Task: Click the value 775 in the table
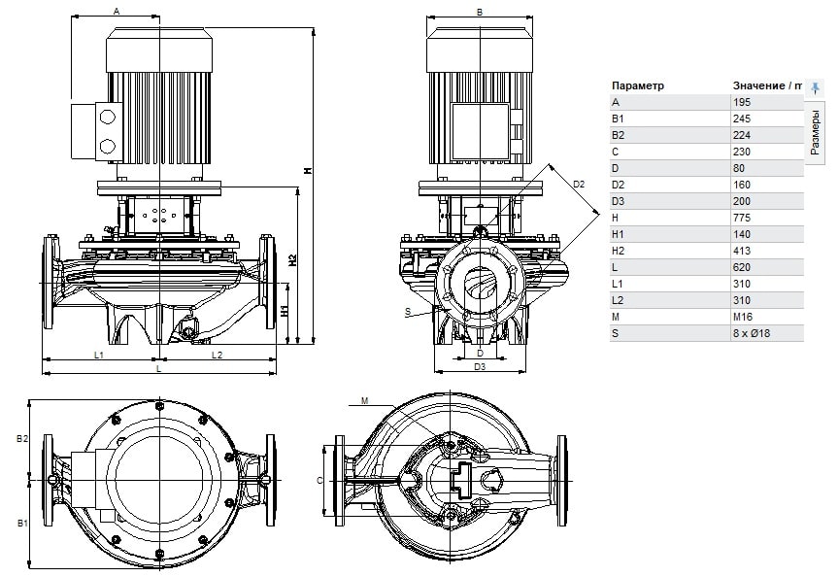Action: (x=742, y=218)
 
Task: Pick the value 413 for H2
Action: (x=742, y=251)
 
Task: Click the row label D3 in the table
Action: (x=618, y=201)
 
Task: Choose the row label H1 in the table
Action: (x=618, y=234)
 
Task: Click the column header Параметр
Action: (x=638, y=85)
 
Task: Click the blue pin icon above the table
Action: (x=816, y=86)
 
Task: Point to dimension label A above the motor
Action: (x=117, y=12)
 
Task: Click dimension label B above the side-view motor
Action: (x=480, y=12)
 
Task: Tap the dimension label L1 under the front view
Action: (x=99, y=355)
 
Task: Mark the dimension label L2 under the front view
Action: (x=218, y=355)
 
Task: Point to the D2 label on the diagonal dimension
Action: (x=579, y=183)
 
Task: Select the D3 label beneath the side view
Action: (x=480, y=367)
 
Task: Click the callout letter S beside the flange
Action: (x=409, y=312)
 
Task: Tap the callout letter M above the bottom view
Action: (x=364, y=400)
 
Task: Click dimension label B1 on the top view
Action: (x=21, y=524)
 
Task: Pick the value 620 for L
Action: (x=742, y=267)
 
